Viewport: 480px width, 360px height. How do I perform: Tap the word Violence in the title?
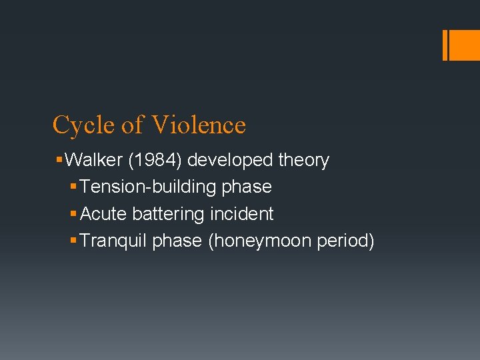point(199,125)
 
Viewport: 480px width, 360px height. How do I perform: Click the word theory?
point(304,161)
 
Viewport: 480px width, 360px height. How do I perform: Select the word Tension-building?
point(148,187)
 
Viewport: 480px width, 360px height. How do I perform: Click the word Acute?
point(103,214)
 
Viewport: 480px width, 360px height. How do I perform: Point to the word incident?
point(241,214)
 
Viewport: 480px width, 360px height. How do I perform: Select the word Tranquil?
point(113,241)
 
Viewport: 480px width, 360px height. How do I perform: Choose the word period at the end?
point(345,241)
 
